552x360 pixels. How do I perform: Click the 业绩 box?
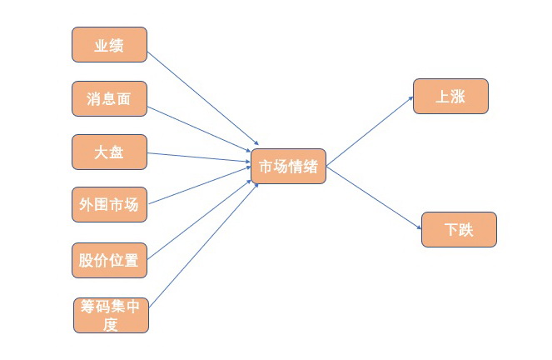click(109, 45)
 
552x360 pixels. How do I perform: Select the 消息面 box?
click(109, 98)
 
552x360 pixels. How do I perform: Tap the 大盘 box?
click(109, 152)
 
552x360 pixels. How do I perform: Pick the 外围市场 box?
click(109, 204)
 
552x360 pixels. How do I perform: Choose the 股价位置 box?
click(109, 259)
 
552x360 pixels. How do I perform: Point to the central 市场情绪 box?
click(288, 167)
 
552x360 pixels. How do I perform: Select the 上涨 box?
click(450, 96)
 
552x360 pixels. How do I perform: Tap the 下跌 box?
click(459, 229)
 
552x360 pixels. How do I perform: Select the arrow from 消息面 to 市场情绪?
click(200, 132)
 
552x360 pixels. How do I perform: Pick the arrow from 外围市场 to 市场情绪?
click(199, 186)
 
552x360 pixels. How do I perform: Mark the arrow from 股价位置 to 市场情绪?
click(200, 215)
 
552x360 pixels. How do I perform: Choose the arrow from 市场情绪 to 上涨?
click(370, 132)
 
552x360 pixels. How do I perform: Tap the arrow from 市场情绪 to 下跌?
click(375, 197)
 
